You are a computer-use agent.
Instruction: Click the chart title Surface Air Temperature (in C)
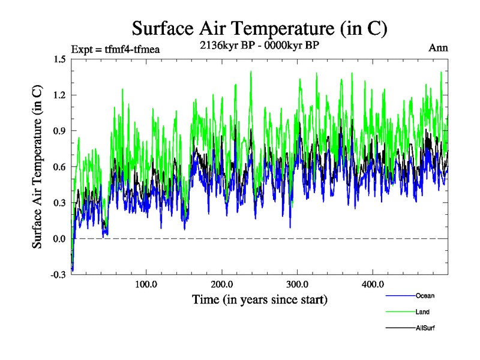click(x=259, y=28)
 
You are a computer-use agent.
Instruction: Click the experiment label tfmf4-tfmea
click(x=115, y=48)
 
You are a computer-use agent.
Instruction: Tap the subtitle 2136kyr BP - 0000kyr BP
click(x=259, y=44)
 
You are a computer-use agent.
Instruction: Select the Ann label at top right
click(x=438, y=47)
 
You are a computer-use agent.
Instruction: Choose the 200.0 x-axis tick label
click(x=222, y=284)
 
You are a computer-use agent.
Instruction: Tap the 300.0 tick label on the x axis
click(x=298, y=284)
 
